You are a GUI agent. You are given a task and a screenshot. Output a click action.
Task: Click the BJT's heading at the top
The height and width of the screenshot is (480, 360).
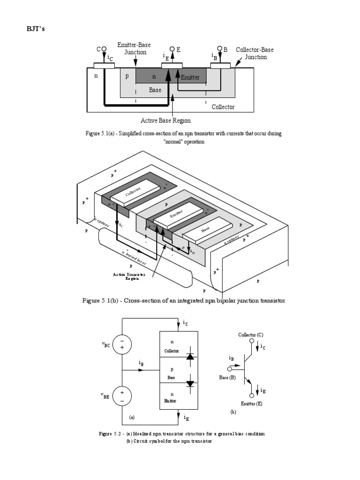coord(35,29)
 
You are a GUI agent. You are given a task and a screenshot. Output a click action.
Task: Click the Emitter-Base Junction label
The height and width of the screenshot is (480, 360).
coord(135,49)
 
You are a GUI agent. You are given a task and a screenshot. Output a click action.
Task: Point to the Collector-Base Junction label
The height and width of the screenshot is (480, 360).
coord(255,53)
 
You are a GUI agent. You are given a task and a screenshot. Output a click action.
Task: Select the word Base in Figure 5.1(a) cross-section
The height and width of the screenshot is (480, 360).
coord(155,90)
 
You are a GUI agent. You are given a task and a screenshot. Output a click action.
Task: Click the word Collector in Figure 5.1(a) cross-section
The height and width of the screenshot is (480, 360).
coord(223,107)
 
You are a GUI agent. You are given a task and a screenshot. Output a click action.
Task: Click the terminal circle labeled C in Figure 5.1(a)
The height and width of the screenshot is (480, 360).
coord(104,49)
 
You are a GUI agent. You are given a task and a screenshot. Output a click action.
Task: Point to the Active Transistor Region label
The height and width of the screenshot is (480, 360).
coord(129,276)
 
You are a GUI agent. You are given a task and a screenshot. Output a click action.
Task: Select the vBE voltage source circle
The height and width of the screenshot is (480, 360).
coord(122,397)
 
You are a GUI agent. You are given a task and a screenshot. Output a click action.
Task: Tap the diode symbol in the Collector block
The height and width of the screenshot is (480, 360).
coord(190,357)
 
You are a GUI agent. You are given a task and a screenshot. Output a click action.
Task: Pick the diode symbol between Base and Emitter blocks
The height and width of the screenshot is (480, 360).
coord(190,383)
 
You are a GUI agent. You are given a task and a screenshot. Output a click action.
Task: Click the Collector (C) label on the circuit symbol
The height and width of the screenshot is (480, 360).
coord(251,335)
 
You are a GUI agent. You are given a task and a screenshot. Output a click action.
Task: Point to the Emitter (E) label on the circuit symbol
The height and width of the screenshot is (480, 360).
coord(252,404)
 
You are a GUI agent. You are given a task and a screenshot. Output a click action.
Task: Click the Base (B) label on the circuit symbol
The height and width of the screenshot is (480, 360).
coord(227,377)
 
